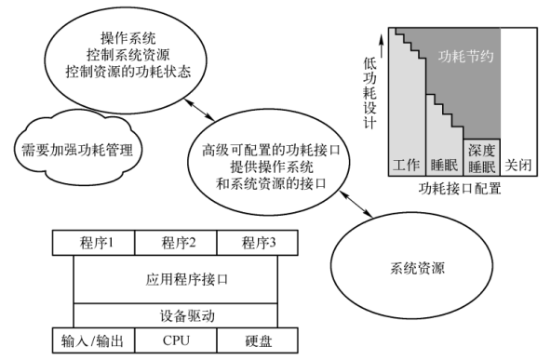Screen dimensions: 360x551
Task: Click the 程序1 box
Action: pos(93,244)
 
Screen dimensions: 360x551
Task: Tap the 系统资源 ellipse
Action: pos(412,269)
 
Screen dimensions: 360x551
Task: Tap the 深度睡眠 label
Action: pos(481,157)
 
